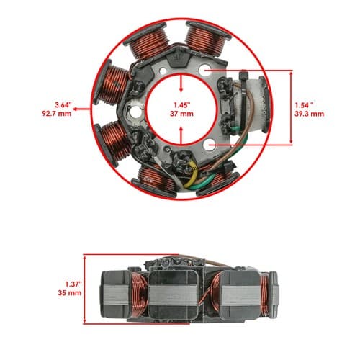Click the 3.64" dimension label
coord(63,105)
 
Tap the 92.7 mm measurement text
coord(57,114)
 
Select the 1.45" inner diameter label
coord(182,105)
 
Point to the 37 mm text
coord(181,114)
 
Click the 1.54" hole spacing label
coord(304,105)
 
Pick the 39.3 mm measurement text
coord(310,114)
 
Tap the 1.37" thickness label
coord(73,284)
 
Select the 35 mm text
coord(70,293)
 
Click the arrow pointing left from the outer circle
coord(82,109)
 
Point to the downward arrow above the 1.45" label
coord(181,84)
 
